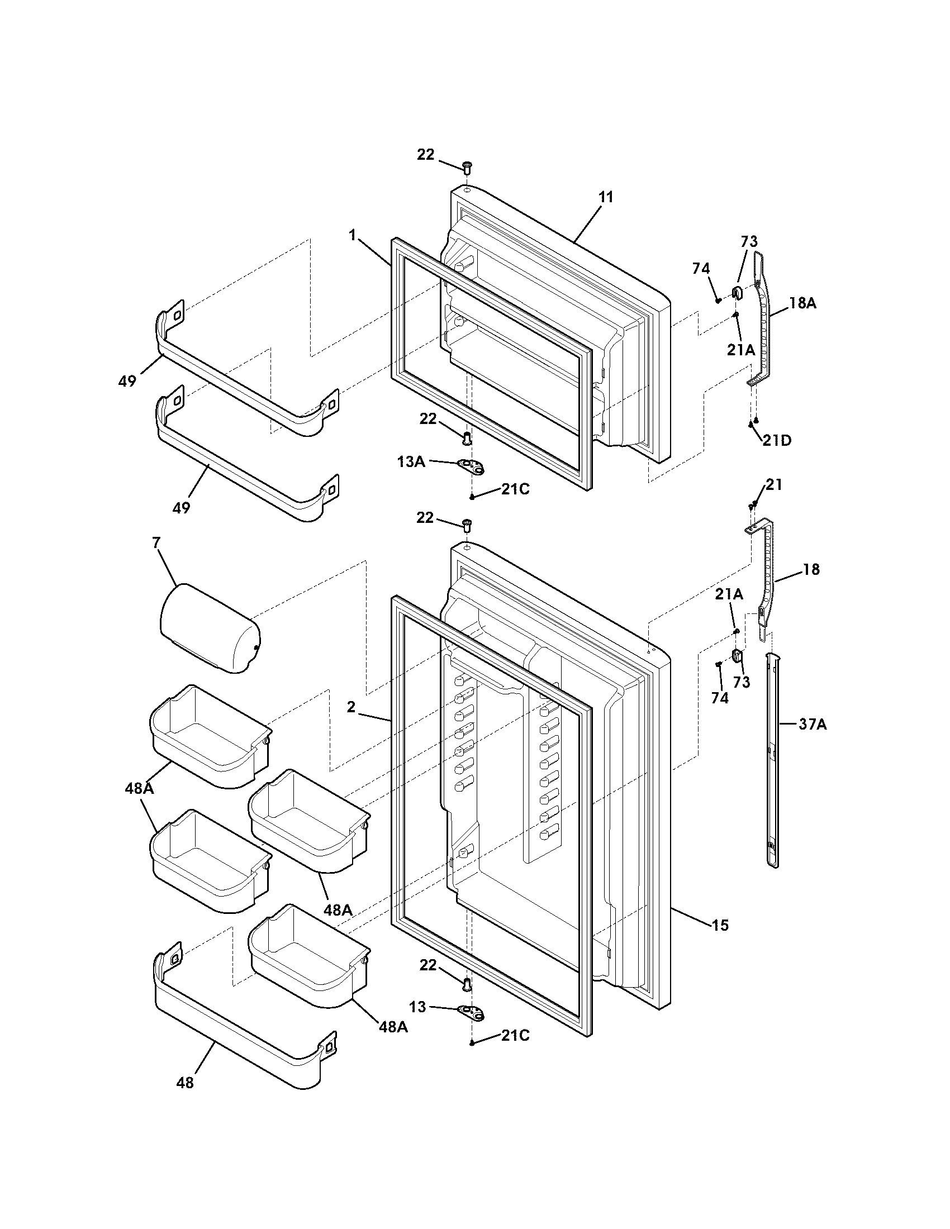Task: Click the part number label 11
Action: coord(606,198)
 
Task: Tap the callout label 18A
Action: coord(802,303)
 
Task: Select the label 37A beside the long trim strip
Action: coord(812,725)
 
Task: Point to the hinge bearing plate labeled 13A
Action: coord(472,465)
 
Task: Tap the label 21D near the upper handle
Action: coord(777,441)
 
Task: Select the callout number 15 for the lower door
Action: coord(720,925)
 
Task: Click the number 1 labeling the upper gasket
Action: coord(353,235)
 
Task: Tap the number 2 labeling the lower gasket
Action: coord(351,707)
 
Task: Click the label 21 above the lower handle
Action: coord(774,484)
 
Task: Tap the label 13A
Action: coord(411,462)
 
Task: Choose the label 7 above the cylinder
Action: coord(156,544)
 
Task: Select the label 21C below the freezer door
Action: coord(515,489)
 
